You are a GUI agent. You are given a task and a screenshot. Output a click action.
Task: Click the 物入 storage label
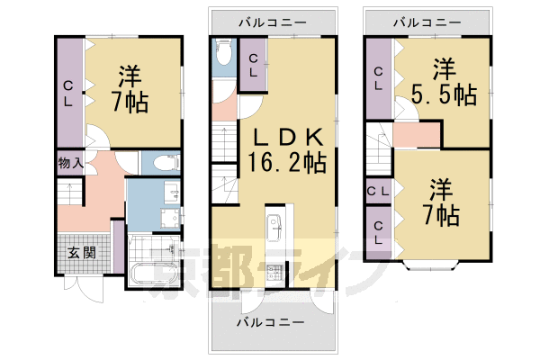point(70,163)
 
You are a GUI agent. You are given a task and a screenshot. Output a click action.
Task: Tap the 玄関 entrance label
point(80,251)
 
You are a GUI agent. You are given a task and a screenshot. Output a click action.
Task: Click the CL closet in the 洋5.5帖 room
point(378,78)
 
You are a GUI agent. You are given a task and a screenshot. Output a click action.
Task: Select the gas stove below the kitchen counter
point(274,269)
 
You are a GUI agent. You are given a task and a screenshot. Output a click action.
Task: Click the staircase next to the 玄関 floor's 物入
point(68,193)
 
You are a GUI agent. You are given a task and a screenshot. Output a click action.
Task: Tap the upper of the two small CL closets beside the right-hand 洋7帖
point(378,191)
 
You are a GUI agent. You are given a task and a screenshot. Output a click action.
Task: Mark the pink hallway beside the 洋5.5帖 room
point(416,134)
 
